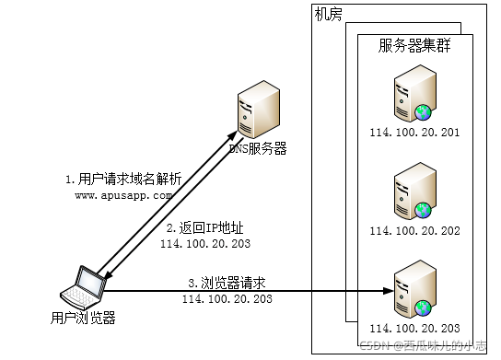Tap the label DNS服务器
click(x=257, y=148)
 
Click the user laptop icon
click(x=83, y=288)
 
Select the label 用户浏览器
click(x=83, y=319)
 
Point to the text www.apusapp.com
click(x=123, y=195)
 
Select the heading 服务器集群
click(x=414, y=46)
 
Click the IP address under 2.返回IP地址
click(x=204, y=244)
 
